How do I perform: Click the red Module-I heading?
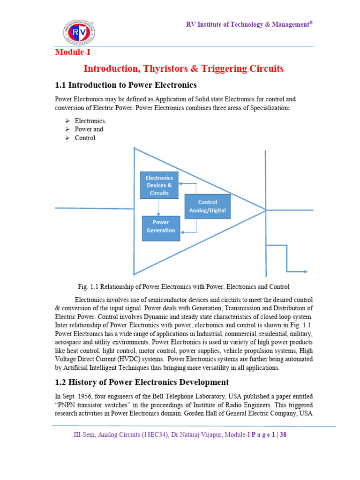point(73,52)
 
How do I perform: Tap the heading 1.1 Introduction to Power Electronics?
point(126,85)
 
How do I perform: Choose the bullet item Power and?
point(89,129)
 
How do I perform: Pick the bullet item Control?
point(85,138)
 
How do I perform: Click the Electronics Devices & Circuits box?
point(159,185)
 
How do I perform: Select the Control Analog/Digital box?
point(207,206)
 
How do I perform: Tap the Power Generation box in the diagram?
point(161,227)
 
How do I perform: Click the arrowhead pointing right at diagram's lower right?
point(305,271)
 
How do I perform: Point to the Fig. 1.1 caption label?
point(89,286)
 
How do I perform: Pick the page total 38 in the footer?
point(283,435)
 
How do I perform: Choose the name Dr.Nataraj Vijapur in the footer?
point(194,435)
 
